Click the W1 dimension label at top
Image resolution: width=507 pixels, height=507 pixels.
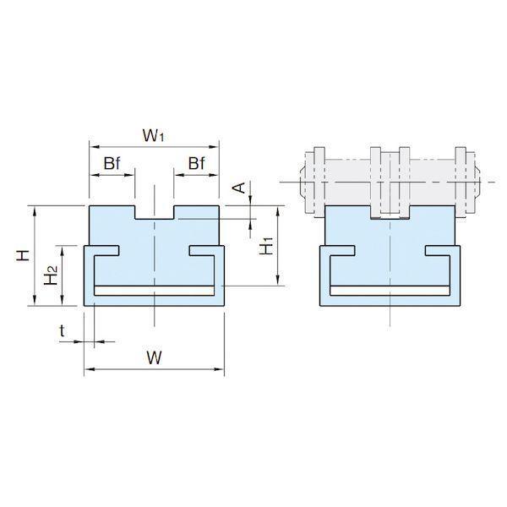153,135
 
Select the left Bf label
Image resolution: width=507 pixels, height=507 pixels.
112,163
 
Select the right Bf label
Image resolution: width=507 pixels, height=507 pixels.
196,163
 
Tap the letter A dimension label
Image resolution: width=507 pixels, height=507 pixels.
240,188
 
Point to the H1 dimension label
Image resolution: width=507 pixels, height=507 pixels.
267,246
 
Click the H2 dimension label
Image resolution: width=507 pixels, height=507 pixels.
51,275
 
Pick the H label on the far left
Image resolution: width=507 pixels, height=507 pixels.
23,255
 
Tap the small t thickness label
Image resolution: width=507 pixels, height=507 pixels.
62,330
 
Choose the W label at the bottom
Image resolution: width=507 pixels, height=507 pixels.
154,357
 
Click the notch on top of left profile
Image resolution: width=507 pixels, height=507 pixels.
155,212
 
